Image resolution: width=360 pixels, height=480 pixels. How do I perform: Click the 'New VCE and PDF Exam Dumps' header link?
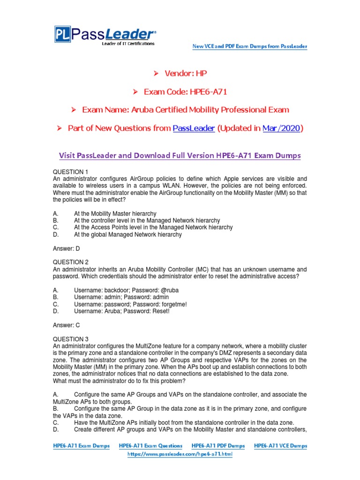pyautogui.click(x=250, y=46)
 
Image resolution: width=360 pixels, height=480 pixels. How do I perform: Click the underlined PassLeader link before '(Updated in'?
pyautogui.click(x=194, y=128)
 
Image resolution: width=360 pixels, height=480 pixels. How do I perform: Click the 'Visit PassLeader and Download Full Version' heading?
pyautogui.click(x=180, y=156)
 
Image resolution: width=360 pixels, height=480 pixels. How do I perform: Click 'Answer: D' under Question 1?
pyautogui.click(x=66, y=248)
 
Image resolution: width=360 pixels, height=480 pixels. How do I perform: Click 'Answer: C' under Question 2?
pyautogui.click(x=66, y=325)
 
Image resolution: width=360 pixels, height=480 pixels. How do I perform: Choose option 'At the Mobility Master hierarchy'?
pyautogui.click(x=115, y=214)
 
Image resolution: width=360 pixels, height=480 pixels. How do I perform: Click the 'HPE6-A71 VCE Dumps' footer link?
pyautogui.click(x=280, y=446)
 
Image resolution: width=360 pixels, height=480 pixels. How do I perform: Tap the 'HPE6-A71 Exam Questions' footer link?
pyautogui.click(x=150, y=446)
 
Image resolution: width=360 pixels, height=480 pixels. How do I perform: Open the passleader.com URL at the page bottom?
pyautogui.click(x=180, y=454)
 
